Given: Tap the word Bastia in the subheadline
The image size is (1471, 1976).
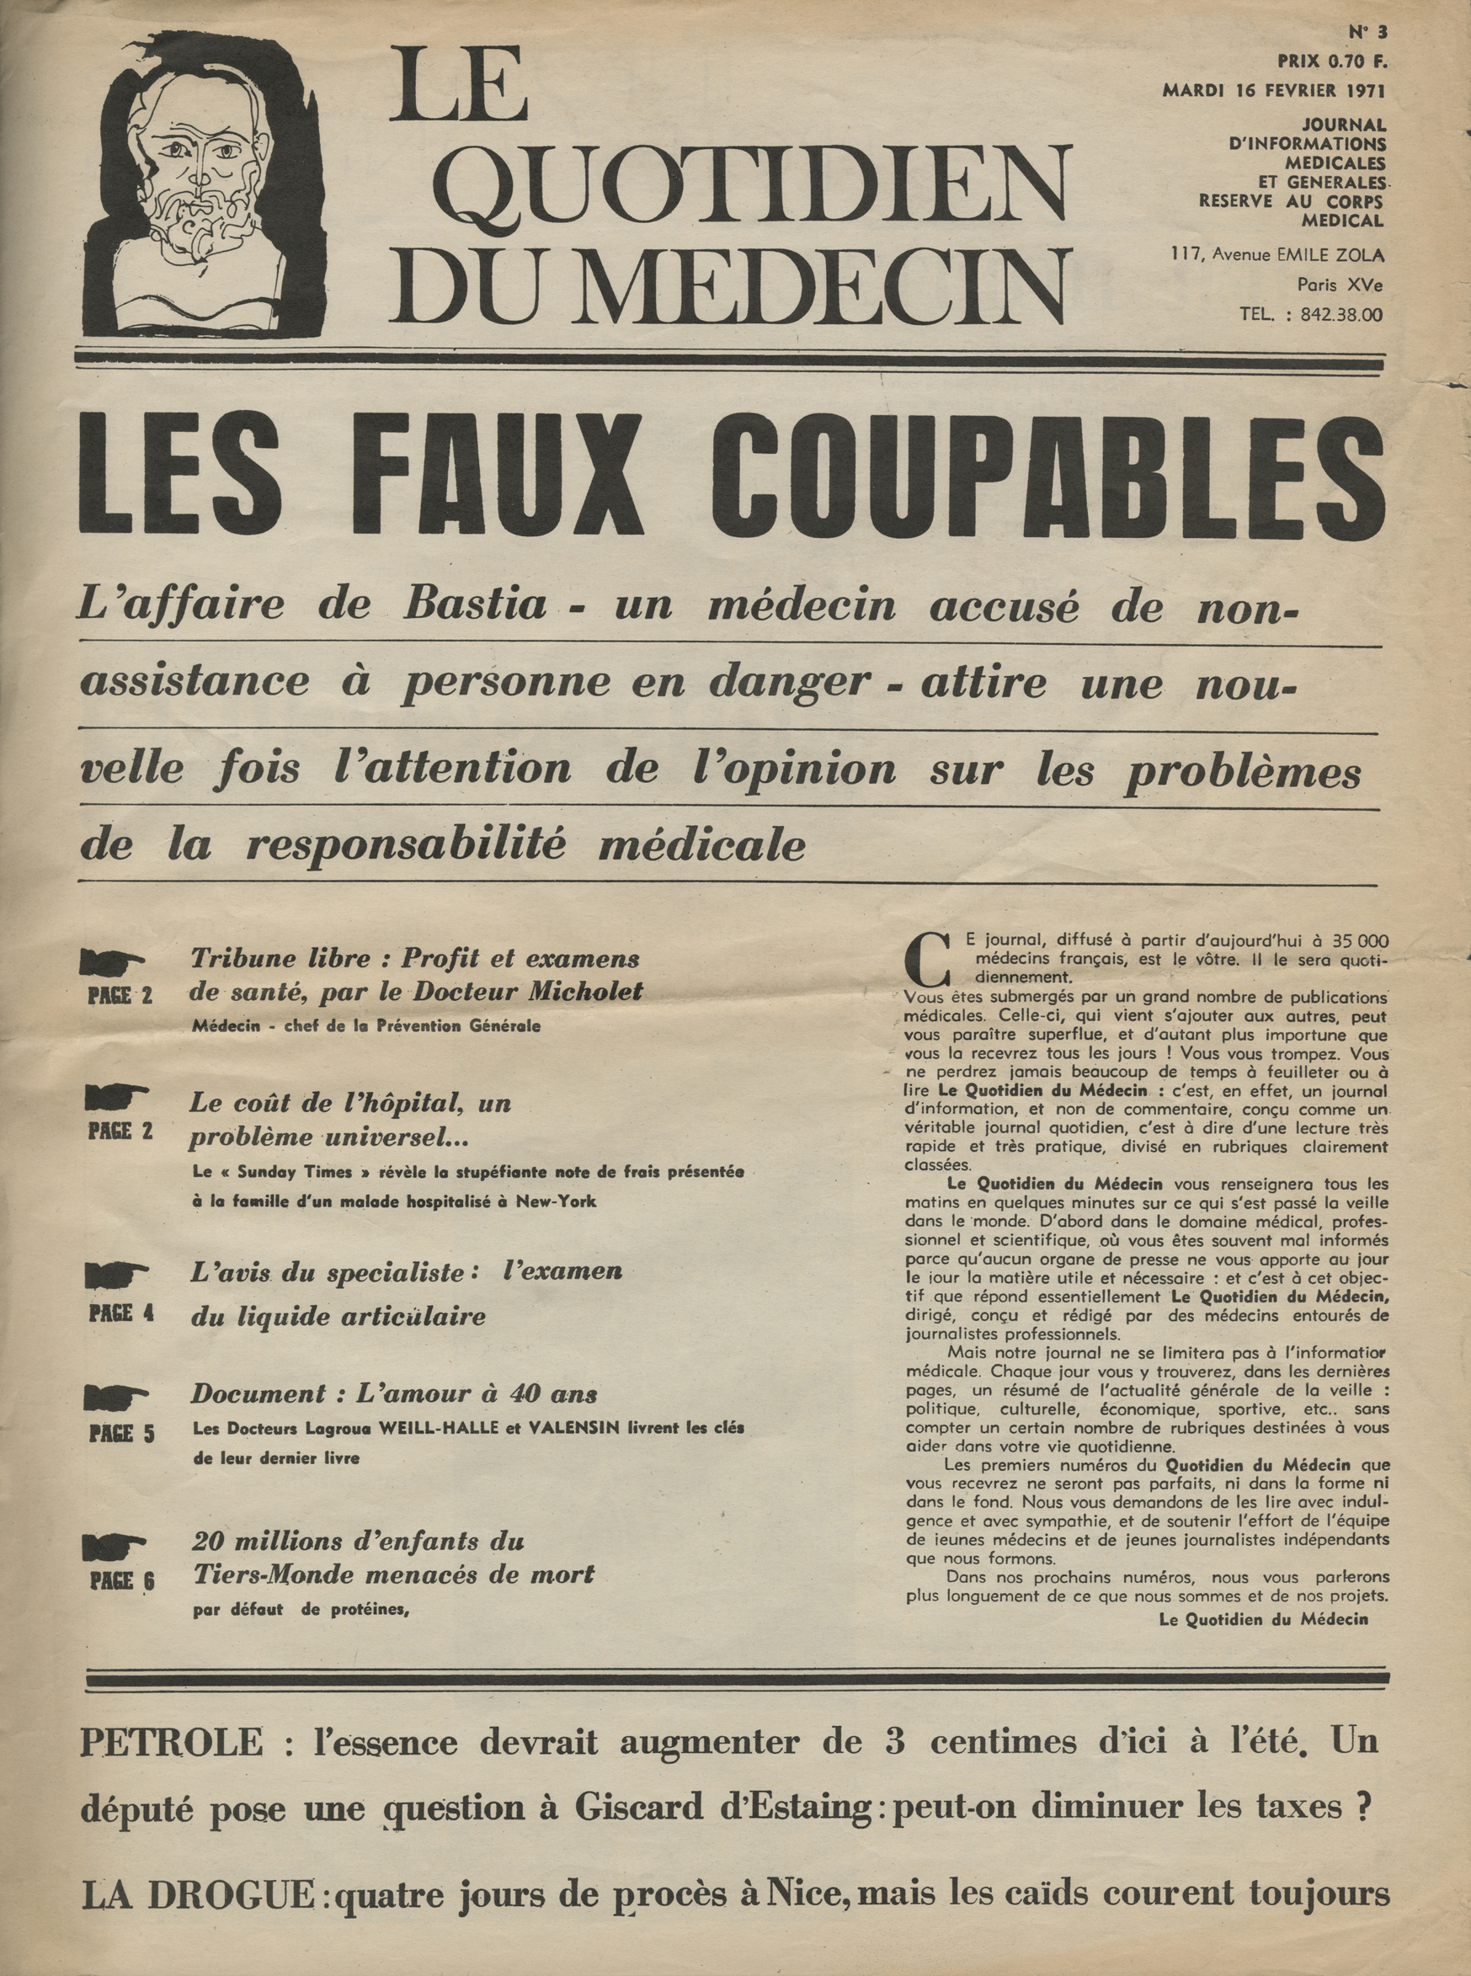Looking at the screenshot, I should pyautogui.click(x=476, y=605).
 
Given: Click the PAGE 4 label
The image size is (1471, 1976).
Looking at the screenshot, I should pyautogui.click(x=121, y=1313).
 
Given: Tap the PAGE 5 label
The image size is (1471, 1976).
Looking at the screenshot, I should pyautogui.click(x=121, y=1435).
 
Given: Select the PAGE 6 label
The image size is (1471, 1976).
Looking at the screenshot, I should pyautogui.click(x=121, y=1582).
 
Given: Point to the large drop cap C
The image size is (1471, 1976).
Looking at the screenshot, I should pyautogui.click(x=923, y=956).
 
